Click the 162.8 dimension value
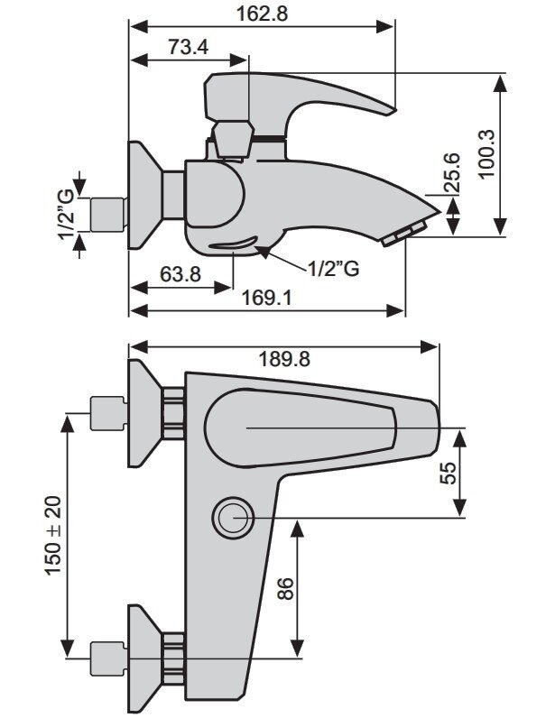coord(262,14)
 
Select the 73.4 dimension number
coord(188,47)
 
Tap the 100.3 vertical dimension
coord(486,154)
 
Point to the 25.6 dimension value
coord(452,172)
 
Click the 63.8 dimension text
coord(180,274)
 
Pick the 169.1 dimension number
coord(266,299)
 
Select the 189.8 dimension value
coord(284,360)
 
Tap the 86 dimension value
coord(285,588)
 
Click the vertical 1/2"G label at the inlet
coord(66,214)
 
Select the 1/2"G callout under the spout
coord(333,269)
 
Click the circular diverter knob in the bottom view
coord(233,518)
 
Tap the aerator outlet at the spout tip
coord(404,235)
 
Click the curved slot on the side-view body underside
coord(234,244)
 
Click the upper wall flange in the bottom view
coord(144,413)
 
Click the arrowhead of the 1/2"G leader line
coord(262,251)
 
